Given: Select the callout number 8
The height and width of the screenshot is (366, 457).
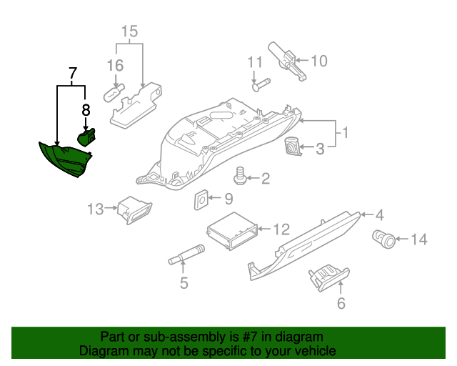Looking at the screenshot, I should point(86,111).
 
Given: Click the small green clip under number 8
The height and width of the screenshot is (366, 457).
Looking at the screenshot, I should point(86,137).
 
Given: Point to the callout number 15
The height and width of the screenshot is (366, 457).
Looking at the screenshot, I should point(129,31).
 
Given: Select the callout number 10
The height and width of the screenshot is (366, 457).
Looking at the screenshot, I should point(318,61).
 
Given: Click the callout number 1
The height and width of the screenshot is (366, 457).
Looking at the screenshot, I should point(344,133).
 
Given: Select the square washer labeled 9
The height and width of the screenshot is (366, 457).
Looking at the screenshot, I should point(201,199).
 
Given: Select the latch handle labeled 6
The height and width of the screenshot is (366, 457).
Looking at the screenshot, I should point(327,277).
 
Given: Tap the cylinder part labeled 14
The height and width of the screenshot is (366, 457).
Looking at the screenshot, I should point(384,239).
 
